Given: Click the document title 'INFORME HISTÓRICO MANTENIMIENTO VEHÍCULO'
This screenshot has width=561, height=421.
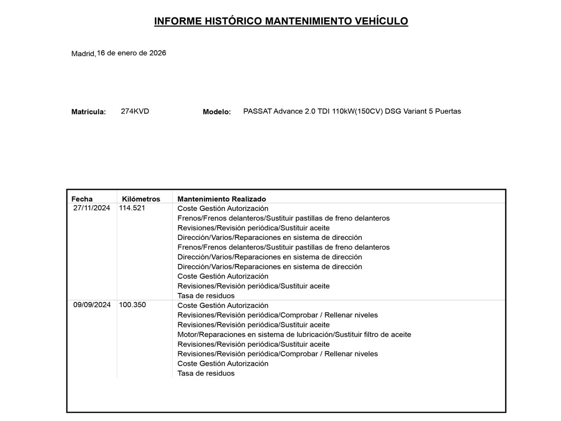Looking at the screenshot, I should pyautogui.click(x=281, y=21).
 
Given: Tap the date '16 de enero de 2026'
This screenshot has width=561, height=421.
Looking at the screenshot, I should pyautogui.click(x=131, y=53).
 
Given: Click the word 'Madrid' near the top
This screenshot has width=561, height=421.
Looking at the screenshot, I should pyautogui.click(x=83, y=54).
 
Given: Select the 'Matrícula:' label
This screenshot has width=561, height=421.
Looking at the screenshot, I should pyautogui.click(x=89, y=112).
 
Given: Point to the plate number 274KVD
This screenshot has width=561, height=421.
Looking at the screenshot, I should pyautogui.click(x=135, y=111).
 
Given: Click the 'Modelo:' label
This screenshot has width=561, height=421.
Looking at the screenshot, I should pyautogui.click(x=217, y=112).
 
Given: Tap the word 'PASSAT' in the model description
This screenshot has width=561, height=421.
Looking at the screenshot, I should pyautogui.click(x=257, y=111).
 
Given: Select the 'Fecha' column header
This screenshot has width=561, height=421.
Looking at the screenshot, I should pyautogui.click(x=82, y=199).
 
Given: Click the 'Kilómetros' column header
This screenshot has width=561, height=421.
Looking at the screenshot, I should pyautogui.click(x=141, y=199).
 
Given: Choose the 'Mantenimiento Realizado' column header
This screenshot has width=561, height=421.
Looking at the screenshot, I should pyautogui.click(x=221, y=199).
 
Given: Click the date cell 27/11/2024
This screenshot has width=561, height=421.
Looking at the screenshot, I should pyautogui.click(x=92, y=208).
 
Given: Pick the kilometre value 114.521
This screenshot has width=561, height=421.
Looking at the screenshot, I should pyautogui.click(x=132, y=208).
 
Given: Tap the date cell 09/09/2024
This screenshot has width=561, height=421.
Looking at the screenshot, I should pyautogui.click(x=92, y=305).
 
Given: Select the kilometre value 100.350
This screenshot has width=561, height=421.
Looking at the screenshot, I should pyautogui.click(x=132, y=305).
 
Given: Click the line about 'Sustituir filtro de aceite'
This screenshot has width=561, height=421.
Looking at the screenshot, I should pyautogui.click(x=294, y=335).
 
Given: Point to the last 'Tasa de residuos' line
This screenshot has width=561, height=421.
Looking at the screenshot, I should pyautogui.click(x=206, y=374).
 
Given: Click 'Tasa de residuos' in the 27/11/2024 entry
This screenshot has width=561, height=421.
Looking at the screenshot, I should pyautogui.click(x=206, y=296).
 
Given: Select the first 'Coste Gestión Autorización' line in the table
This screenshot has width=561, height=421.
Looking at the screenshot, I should pyautogui.click(x=223, y=209).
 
